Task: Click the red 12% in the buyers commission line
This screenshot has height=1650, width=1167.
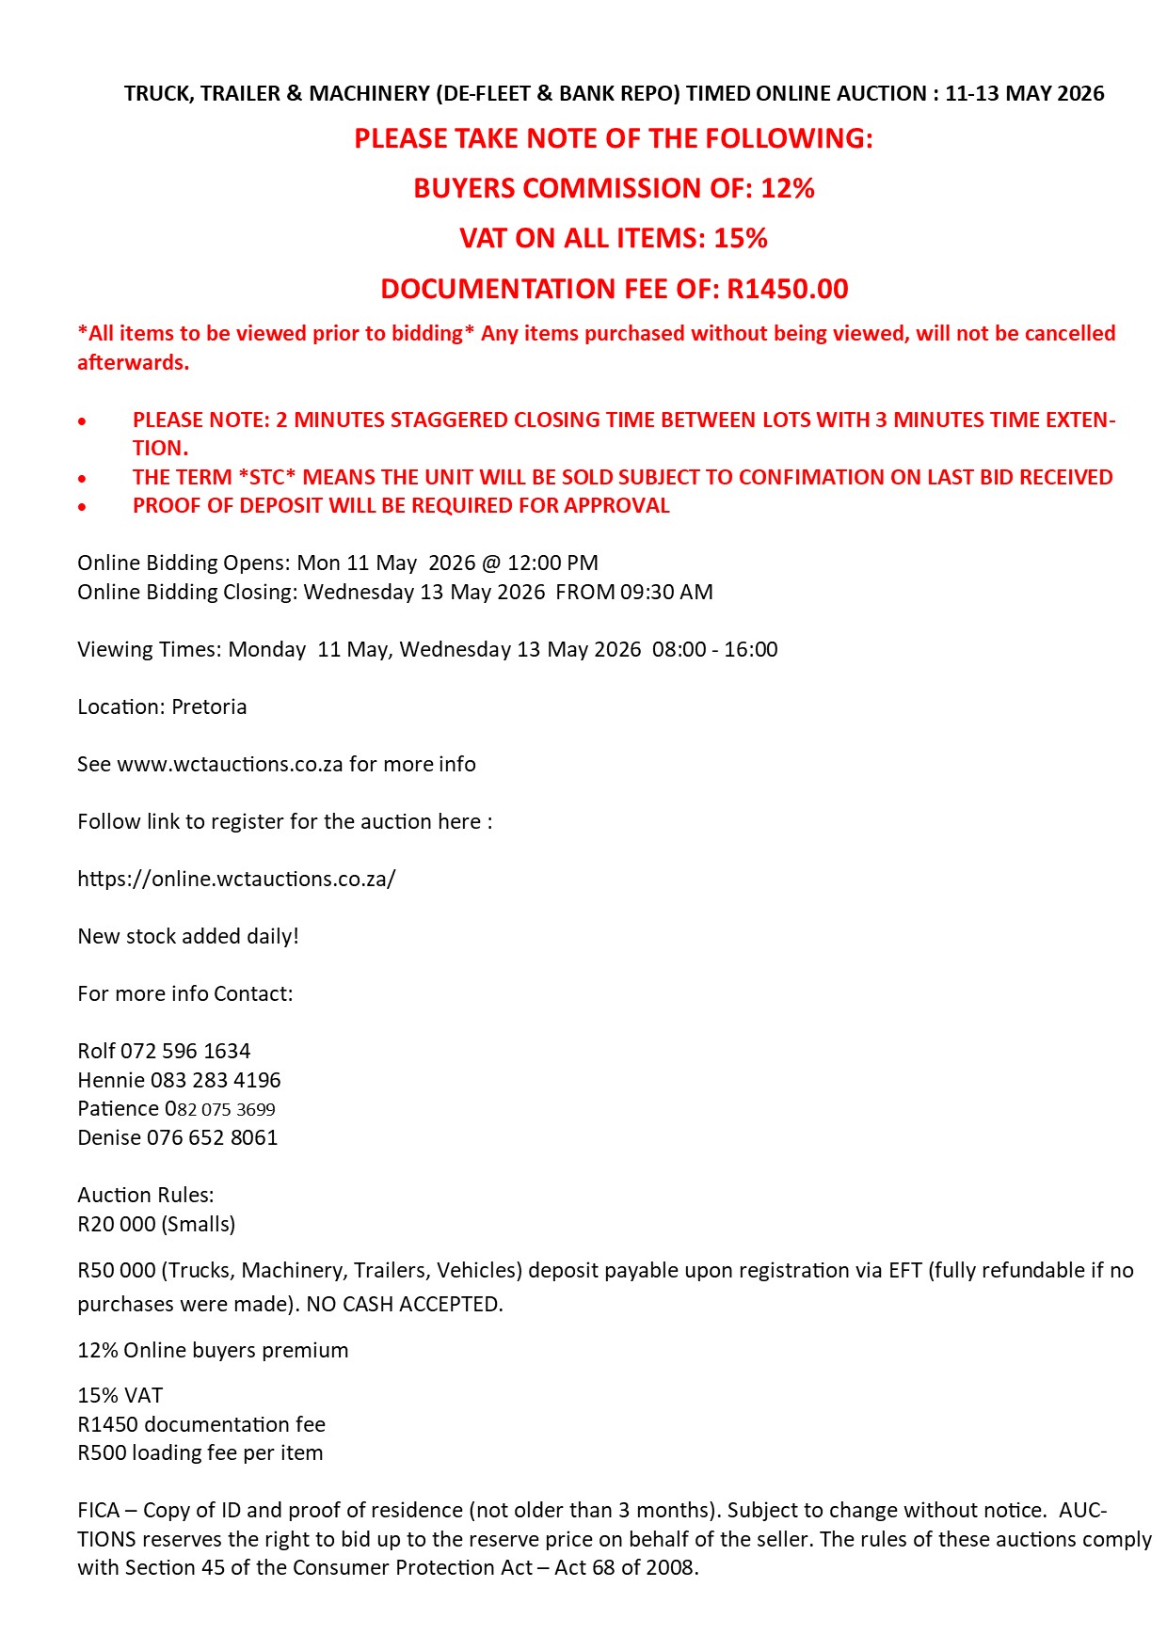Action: (787, 188)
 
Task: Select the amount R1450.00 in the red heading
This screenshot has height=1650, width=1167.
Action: (788, 289)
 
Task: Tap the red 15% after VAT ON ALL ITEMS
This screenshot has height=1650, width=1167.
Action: (740, 238)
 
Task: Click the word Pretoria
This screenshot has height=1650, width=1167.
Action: (209, 706)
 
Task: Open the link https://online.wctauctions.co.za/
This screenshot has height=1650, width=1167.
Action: (236, 879)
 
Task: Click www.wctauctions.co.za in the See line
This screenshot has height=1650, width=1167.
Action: (230, 764)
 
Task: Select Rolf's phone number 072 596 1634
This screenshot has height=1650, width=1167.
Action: (185, 1051)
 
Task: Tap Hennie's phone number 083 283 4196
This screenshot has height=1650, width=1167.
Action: (216, 1080)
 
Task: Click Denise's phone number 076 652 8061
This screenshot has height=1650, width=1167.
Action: (212, 1137)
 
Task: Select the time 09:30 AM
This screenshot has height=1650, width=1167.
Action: (666, 592)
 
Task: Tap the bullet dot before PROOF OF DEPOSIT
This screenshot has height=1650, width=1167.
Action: (83, 507)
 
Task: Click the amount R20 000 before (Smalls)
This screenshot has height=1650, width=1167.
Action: (117, 1224)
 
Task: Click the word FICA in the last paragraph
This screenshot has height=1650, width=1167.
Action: (99, 1510)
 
